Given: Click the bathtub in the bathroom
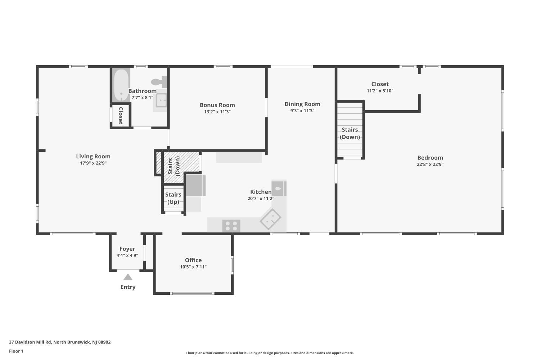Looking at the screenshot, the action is pyautogui.click(x=121, y=85).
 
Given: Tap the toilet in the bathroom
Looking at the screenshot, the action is pyautogui.click(x=159, y=82).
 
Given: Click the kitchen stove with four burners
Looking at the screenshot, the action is pyautogui.click(x=231, y=226).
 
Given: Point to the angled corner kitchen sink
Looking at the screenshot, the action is pyautogui.click(x=270, y=219).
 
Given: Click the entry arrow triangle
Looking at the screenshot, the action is pyautogui.click(x=128, y=277).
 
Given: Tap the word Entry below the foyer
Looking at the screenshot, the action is pyautogui.click(x=128, y=287).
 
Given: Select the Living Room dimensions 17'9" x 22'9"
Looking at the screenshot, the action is pyautogui.click(x=93, y=163).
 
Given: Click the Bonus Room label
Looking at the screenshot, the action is pyautogui.click(x=217, y=105).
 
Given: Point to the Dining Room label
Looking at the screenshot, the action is pyautogui.click(x=302, y=104).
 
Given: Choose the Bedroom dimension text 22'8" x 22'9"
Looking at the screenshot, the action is pyautogui.click(x=430, y=164).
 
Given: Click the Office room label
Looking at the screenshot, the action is pyautogui.click(x=193, y=260).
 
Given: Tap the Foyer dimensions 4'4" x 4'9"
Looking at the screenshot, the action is pyautogui.click(x=127, y=255).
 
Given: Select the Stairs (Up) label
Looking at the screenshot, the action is pyautogui.click(x=173, y=198).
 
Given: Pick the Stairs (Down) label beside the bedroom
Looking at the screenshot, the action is pyautogui.click(x=350, y=133).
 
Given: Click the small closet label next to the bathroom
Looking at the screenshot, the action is pyautogui.click(x=121, y=116).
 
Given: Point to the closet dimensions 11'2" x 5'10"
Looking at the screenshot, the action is pyautogui.click(x=380, y=91).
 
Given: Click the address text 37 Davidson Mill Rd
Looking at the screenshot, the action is pyautogui.click(x=30, y=342).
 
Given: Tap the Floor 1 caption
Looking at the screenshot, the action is pyautogui.click(x=16, y=351).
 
